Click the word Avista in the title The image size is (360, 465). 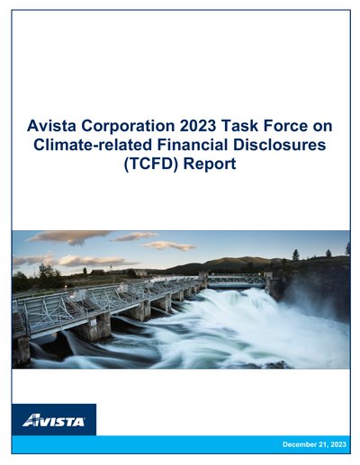tap(51, 126)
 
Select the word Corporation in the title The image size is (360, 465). tap(128, 127)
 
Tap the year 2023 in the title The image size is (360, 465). tap(198, 126)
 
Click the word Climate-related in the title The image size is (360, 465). tap(93, 145)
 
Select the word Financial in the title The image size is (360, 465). tap(193, 145)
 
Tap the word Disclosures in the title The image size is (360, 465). tap(280, 145)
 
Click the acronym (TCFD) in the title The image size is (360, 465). tap(151, 165)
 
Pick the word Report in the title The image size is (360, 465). tap(210, 165)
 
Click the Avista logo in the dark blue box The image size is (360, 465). tap(54, 420)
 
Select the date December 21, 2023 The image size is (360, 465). tap(314, 444)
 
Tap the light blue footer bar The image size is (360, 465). tap(181, 444)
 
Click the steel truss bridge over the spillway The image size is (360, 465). tap(237, 281)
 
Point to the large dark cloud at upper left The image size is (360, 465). tap(69, 237)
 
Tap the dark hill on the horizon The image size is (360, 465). tap(228, 264)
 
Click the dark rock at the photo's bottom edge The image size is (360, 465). tap(276, 365)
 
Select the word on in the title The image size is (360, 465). tap(322, 127)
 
